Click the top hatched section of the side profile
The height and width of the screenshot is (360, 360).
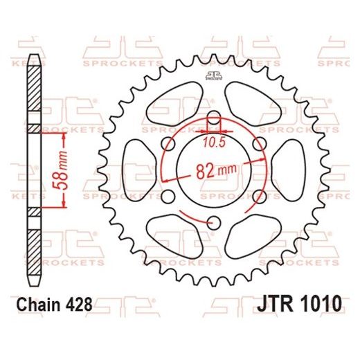[x=34, y=83]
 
